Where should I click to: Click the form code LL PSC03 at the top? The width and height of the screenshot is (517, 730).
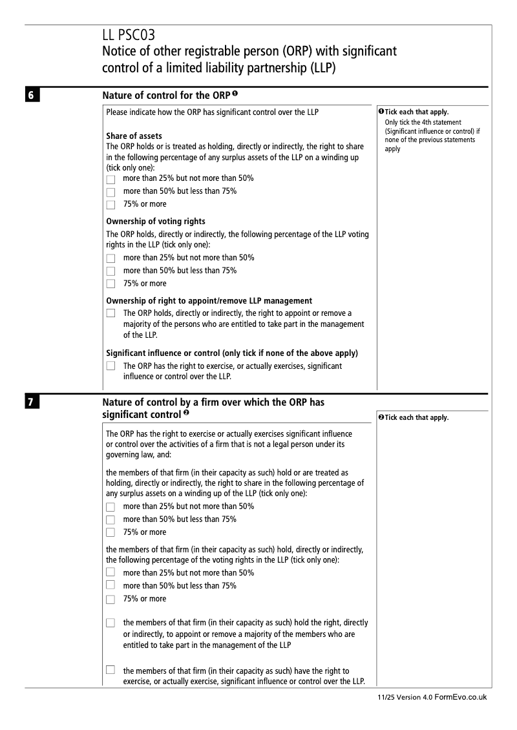(x=129, y=35)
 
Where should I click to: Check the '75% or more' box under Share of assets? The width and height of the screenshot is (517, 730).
(x=111, y=205)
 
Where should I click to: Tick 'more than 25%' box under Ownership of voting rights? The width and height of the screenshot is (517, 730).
(x=111, y=258)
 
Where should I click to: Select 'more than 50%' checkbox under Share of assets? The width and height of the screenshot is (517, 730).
(x=111, y=192)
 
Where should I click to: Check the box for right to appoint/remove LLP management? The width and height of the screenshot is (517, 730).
(x=111, y=313)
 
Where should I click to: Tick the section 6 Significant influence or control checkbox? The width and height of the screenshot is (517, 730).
(x=111, y=366)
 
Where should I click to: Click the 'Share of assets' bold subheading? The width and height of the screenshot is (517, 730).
(x=134, y=136)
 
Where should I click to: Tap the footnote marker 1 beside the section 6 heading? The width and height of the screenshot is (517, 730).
(x=237, y=94)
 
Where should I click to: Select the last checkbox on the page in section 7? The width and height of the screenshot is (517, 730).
(x=111, y=670)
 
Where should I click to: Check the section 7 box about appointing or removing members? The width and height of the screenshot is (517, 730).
(x=111, y=623)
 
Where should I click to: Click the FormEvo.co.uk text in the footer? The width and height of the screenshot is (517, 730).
(x=461, y=698)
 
